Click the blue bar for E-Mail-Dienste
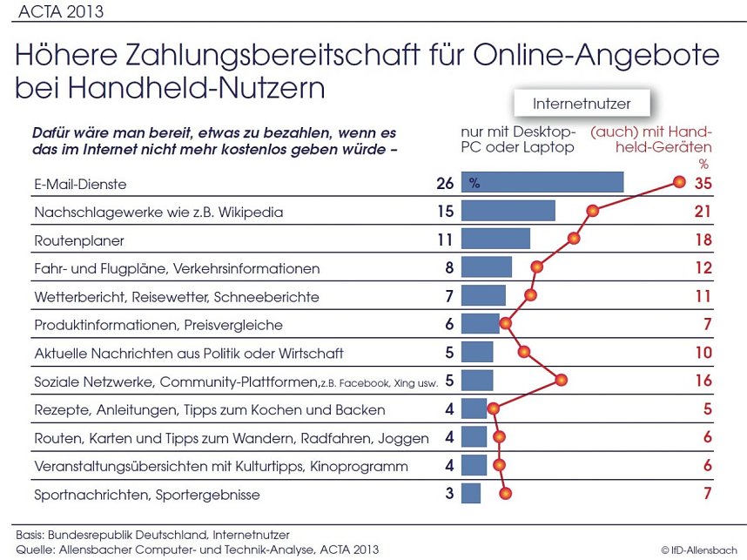[x=542, y=183]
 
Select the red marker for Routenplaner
[x=574, y=239]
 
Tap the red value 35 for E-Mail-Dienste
[x=703, y=184]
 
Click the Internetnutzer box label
[x=582, y=104]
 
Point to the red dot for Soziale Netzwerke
[x=562, y=380]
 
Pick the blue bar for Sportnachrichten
[x=471, y=494]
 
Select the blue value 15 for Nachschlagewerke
[x=446, y=212]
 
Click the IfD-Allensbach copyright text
[x=701, y=550]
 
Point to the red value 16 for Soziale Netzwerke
[x=703, y=381]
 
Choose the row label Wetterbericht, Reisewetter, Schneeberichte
[x=176, y=297]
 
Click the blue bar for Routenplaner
[x=495, y=240]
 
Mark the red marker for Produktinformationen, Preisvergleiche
[x=505, y=324]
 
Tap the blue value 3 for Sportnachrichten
[x=449, y=495]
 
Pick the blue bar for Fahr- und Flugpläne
[x=487, y=267]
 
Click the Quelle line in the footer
[x=197, y=549]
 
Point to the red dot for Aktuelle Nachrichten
[x=524, y=352]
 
